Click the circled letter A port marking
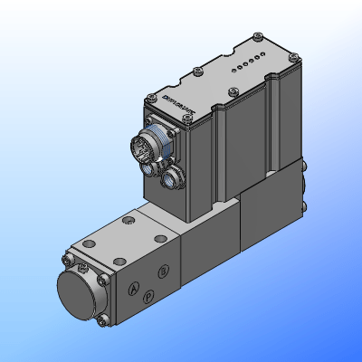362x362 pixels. click(133, 289)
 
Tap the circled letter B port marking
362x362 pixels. click(163, 270)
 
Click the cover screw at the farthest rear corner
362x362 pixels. click(259, 37)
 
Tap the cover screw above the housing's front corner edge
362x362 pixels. click(234, 90)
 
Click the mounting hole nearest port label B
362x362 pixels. click(161, 238)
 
